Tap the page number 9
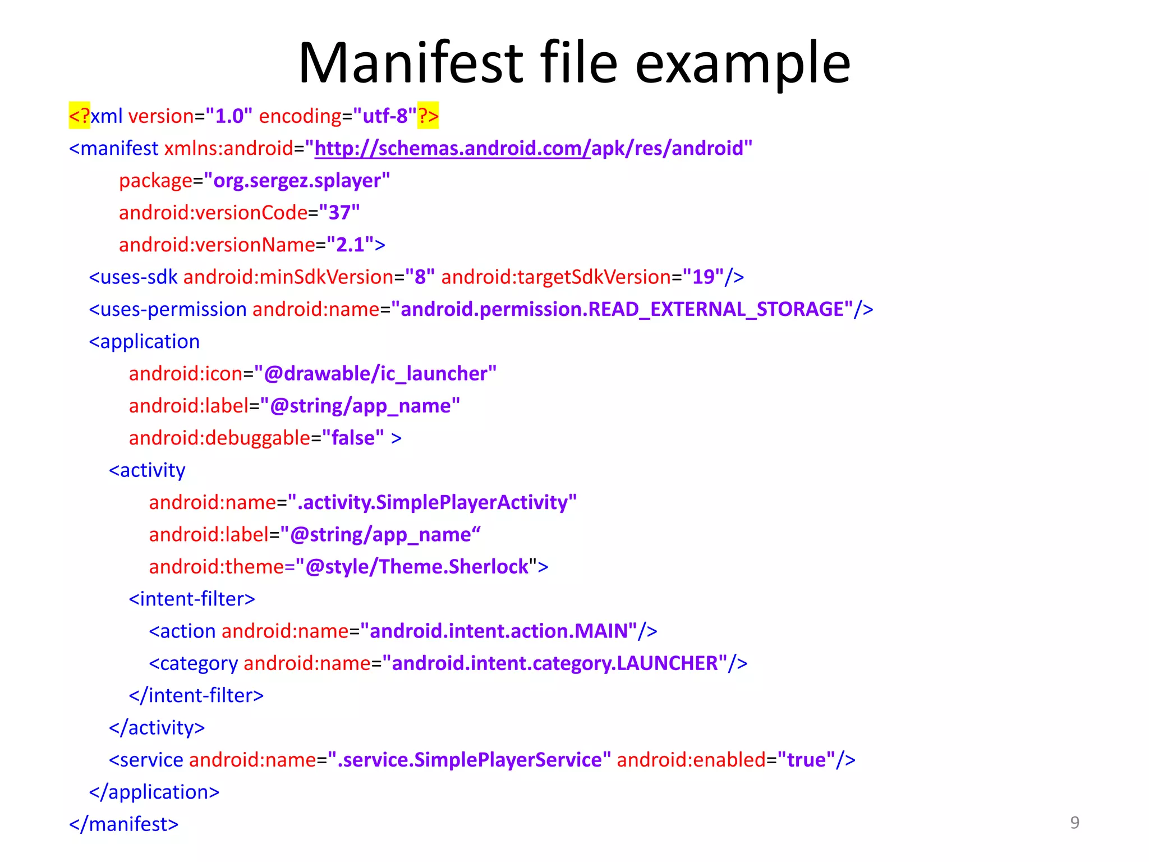(1074, 822)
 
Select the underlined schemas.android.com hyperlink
(452, 148)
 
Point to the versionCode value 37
(339, 213)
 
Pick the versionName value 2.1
(351, 245)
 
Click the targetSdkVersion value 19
(704, 277)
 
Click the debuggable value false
(353, 438)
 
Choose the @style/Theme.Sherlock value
(417, 567)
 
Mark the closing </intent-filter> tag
(196, 696)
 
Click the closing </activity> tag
(157, 728)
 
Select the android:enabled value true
(806, 760)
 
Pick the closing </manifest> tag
(123, 824)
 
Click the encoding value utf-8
(385, 116)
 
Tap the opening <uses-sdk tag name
(134, 277)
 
